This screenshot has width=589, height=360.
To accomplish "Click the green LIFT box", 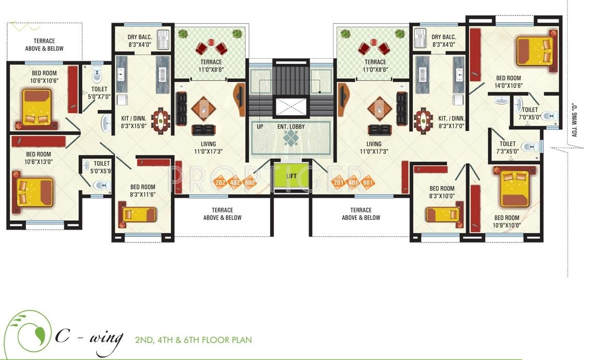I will [291, 176].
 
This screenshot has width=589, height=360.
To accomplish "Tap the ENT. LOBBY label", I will [291, 126].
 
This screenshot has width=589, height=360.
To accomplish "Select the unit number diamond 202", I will [220, 182].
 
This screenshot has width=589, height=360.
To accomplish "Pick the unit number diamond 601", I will [368, 182].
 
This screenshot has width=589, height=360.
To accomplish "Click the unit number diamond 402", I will [235, 182].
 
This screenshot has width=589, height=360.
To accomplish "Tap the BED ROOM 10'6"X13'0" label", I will [38, 158].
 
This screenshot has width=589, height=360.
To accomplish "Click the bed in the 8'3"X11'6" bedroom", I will [139, 214].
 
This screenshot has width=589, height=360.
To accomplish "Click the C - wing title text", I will [88, 338].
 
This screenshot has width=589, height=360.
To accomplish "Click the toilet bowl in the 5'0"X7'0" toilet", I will [97, 75].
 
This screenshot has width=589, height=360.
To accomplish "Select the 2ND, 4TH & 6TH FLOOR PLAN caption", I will [193, 340].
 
